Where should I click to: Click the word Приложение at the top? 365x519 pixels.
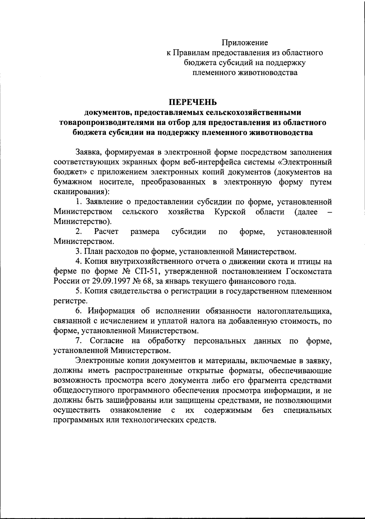[245, 43]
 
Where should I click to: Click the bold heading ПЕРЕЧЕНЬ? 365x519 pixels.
[193, 102]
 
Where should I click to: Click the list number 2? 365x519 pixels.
[78, 232]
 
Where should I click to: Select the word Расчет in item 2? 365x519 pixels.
[106, 232]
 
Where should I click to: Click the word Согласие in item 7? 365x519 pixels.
[107, 341]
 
